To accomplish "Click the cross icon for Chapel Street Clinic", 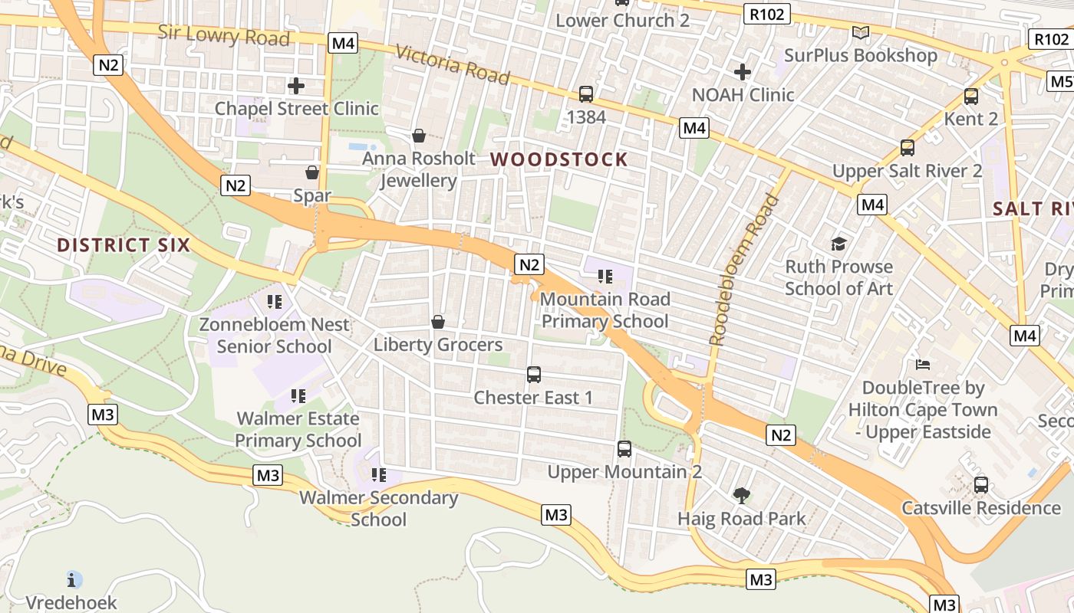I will [x=296, y=86].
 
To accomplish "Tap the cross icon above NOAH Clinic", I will [x=742, y=72].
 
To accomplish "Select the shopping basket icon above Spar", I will [x=312, y=172].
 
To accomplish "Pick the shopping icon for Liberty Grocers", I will [x=438, y=322].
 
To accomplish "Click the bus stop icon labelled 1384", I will [x=586, y=94].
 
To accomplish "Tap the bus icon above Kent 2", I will [x=971, y=97].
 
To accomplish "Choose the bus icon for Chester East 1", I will [x=534, y=375].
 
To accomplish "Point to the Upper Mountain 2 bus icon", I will [x=624, y=449].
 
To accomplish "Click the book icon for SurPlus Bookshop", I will [x=861, y=33].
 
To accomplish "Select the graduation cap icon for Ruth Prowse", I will [x=838, y=244].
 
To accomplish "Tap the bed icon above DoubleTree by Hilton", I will [x=923, y=364].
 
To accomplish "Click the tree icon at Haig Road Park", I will [x=741, y=496].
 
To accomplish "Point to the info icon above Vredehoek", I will [x=74, y=579].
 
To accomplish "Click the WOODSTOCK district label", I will [x=559, y=159].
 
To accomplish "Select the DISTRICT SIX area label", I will [x=124, y=245].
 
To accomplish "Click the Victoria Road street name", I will [x=453, y=64].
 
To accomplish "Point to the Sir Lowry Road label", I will [x=224, y=35].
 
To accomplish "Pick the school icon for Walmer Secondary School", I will [x=378, y=475].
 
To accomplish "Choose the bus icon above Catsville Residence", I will [x=981, y=484].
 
